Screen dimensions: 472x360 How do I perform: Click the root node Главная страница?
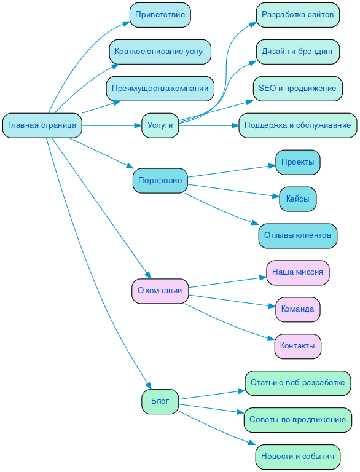tap(42, 125)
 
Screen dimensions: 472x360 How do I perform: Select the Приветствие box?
tap(160, 15)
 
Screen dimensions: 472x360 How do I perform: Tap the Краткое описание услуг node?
tap(160, 52)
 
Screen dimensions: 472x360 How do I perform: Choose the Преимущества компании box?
tap(160, 88)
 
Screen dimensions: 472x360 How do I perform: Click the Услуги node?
tap(160, 125)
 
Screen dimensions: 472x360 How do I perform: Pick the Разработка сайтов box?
tap(297, 15)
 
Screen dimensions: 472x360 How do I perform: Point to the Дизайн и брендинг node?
tap(297, 52)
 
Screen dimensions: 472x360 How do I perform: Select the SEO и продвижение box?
tap(297, 88)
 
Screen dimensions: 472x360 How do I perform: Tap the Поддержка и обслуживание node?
tap(297, 125)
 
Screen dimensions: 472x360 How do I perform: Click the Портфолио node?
tap(160, 181)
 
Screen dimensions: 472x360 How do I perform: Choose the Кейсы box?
tap(297, 199)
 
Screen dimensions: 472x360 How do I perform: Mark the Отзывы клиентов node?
tap(297, 235)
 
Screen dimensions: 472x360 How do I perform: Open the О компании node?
tap(160, 291)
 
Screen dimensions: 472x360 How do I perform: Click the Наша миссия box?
tap(297, 272)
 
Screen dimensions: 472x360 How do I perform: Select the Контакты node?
tap(297, 346)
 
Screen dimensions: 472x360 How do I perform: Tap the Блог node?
tap(160, 401)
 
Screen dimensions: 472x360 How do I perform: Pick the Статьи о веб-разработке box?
tap(297, 383)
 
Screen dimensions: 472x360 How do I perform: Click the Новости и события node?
tap(297, 457)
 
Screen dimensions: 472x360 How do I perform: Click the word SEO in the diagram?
tap(267, 88)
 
